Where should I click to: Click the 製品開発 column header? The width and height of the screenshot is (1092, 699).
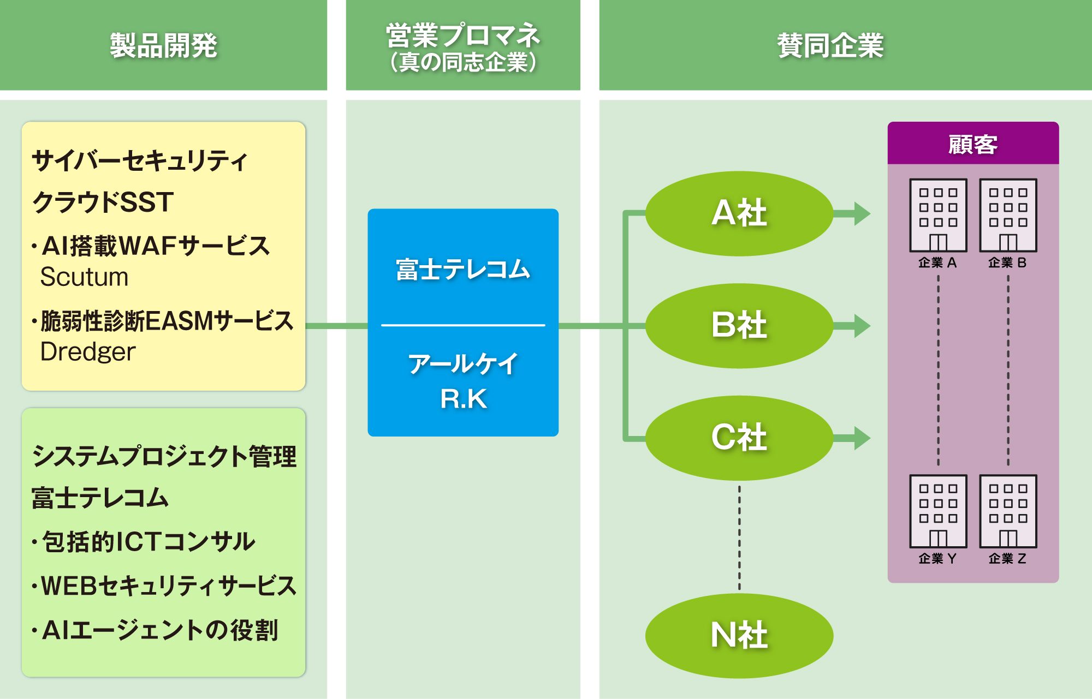point(163,45)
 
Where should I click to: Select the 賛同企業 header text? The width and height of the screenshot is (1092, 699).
point(830,45)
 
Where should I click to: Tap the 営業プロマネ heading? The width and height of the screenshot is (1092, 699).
point(463,36)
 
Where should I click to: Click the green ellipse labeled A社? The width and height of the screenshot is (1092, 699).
point(739,213)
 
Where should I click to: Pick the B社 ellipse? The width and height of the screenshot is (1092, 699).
point(739,326)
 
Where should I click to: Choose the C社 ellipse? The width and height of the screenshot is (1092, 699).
point(739,438)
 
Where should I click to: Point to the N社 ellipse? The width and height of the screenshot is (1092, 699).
point(739,636)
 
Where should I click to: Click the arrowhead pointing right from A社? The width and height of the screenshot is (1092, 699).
point(861,214)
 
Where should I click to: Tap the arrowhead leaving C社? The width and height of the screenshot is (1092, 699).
point(861,438)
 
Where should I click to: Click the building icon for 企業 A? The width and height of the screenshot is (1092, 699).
point(938,216)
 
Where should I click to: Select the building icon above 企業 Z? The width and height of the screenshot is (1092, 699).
point(1008,511)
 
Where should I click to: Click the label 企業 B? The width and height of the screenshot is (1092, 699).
point(1007,263)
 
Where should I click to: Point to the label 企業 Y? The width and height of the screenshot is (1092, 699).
point(937,559)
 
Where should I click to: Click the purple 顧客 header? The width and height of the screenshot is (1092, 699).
point(973,144)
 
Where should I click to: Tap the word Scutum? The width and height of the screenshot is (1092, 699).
point(85,277)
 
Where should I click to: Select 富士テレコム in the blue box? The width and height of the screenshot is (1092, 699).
point(463,270)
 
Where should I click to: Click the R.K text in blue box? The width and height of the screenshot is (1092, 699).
point(463,399)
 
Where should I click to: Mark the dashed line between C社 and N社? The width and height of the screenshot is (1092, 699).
point(739,537)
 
